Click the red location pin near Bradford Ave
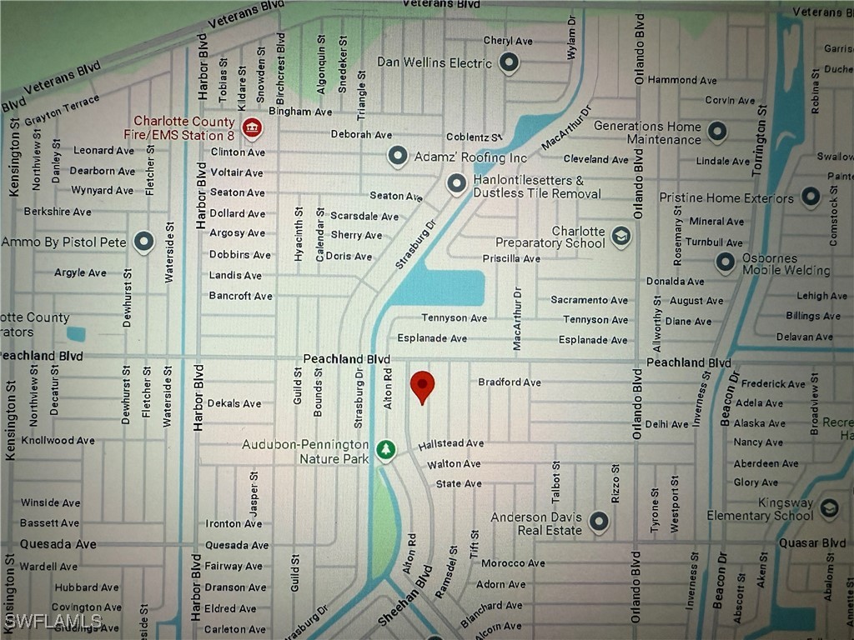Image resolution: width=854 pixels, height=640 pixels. click(x=423, y=385)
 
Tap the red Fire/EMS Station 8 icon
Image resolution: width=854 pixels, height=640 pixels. click(x=251, y=128)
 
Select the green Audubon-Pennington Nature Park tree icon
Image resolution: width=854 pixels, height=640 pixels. click(x=385, y=450)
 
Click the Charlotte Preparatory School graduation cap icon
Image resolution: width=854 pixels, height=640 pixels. click(x=620, y=237)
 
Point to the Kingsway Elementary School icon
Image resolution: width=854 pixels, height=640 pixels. click(x=829, y=507)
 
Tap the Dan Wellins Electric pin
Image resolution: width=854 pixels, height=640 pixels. click(x=509, y=62)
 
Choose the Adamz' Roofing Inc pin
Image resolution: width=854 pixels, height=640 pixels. click(x=398, y=156)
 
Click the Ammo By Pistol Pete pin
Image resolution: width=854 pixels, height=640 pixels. click(x=144, y=242)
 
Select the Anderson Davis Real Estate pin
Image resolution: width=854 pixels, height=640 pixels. click(x=599, y=522)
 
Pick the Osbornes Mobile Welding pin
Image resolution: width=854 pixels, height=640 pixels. click(x=726, y=262)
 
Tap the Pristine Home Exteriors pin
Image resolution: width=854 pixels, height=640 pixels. click(x=811, y=197)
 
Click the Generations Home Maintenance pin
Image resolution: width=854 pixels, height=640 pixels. click(x=716, y=132)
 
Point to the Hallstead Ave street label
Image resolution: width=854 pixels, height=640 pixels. click(x=451, y=444)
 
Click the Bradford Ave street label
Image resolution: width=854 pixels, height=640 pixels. click(x=509, y=382)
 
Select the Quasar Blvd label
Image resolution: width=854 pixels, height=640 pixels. click(x=811, y=543)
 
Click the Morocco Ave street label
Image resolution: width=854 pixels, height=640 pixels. click(x=513, y=563)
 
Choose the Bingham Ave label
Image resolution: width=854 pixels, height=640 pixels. click(x=300, y=112)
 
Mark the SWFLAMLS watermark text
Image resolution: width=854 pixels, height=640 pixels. click(x=52, y=622)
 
